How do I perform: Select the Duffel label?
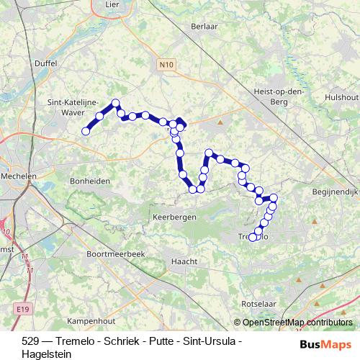coord(45,63)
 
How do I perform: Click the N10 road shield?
coord(166,65)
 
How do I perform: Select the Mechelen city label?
coord(19,176)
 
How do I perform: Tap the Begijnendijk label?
coord(335,192)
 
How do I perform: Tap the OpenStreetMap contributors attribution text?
coord(297,323)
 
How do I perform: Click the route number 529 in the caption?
coord(12,340)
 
